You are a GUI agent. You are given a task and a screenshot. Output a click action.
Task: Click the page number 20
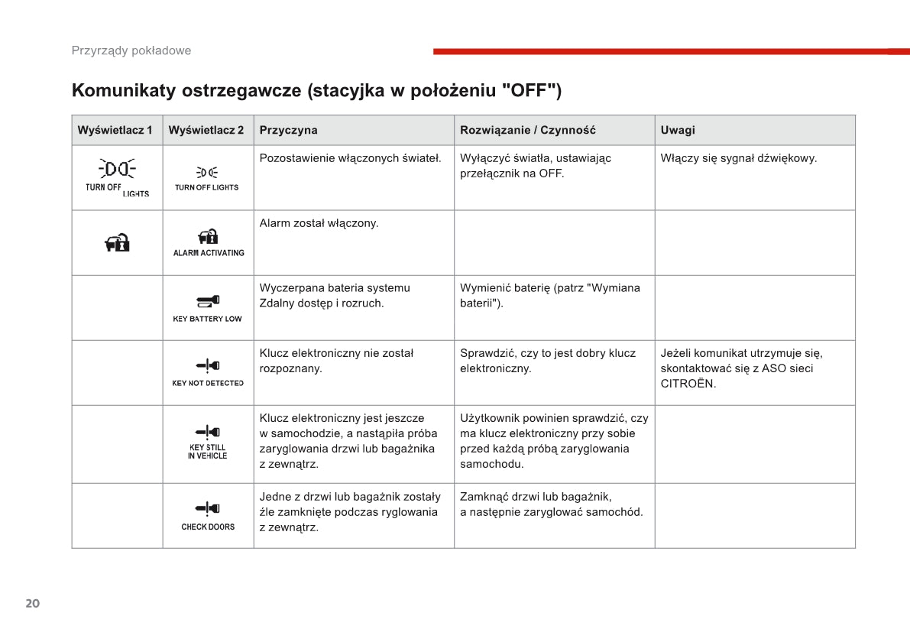point(32,603)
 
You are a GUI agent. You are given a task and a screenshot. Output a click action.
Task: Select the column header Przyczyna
point(288,130)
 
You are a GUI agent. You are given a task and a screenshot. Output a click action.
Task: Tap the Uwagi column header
point(678,130)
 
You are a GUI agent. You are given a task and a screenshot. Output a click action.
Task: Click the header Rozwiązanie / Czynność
point(527,130)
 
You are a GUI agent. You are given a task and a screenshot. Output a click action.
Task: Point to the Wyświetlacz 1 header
point(115,130)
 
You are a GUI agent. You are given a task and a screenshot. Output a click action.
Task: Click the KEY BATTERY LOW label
point(207,319)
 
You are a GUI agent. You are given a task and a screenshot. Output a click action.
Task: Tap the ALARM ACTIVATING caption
point(209,253)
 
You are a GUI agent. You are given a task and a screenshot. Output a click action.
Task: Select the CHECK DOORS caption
point(208,527)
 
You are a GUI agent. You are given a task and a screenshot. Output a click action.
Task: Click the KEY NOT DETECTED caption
point(208,383)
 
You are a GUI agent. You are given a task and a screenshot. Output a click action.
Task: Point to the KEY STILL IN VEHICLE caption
point(208,452)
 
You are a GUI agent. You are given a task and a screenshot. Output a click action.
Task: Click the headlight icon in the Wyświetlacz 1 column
point(117,168)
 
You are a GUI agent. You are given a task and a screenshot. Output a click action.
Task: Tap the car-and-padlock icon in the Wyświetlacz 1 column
point(117,243)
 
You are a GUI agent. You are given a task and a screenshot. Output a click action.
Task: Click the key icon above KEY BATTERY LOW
point(208,300)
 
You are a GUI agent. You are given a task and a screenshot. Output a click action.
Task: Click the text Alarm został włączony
point(319,223)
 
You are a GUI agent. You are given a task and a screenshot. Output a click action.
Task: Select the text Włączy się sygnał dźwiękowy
point(738,158)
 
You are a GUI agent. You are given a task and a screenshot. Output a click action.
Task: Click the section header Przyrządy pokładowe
point(131,50)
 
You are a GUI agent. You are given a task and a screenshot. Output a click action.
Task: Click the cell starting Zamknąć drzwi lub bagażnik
point(551,504)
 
